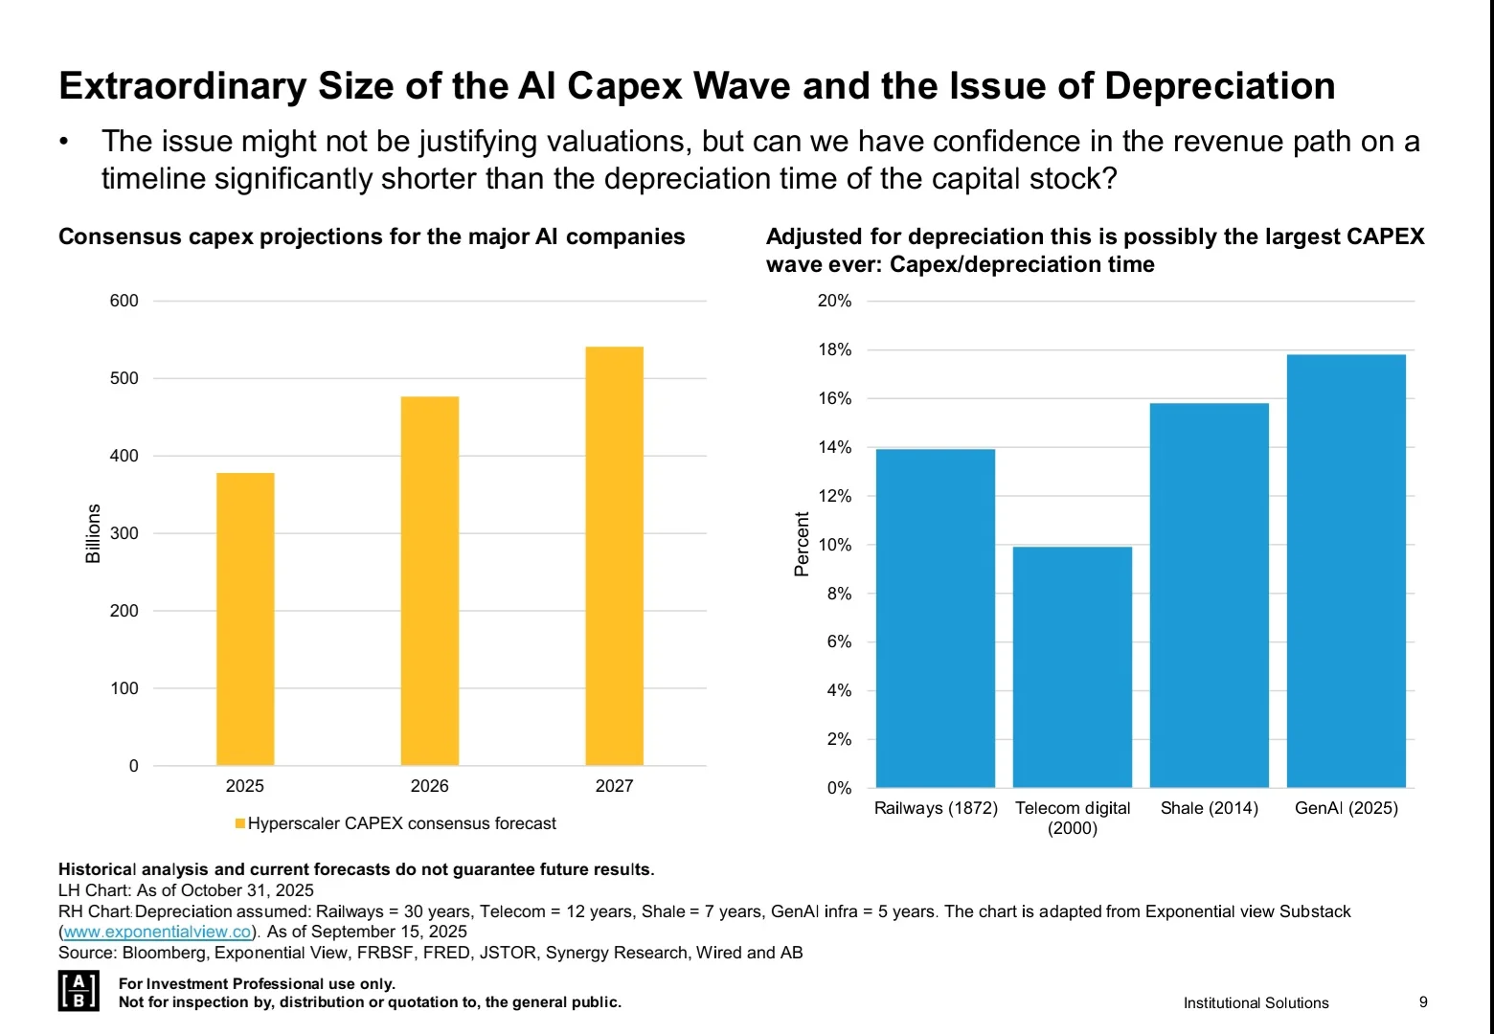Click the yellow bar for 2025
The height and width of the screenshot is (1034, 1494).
pos(245,618)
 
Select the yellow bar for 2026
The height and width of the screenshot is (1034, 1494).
pos(430,580)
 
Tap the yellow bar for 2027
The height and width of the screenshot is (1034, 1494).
pos(614,555)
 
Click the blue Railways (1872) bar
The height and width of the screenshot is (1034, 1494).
pos(936,618)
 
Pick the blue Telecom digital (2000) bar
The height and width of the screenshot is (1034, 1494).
pos(1073,667)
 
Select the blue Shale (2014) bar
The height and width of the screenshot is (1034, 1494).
pos(1210,596)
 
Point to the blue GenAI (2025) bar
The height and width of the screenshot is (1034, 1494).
pos(1347,571)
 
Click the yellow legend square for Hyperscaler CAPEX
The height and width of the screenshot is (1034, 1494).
pos(240,823)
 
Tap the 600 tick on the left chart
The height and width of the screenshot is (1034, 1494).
pos(124,301)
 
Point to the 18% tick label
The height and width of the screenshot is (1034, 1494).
pos(834,349)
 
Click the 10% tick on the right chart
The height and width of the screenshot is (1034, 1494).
pos(834,545)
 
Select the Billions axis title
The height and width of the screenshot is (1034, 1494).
pos(93,533)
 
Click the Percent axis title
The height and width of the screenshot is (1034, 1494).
pos(803,545)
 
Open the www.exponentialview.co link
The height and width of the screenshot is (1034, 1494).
pos(157,932)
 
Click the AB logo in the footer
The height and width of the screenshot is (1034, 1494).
pos(79,991)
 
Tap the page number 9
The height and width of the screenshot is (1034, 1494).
pos(1423,1001)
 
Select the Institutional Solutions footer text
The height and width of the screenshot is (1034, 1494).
pos(1256,1002)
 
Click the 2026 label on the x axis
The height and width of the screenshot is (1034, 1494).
pos(430,786)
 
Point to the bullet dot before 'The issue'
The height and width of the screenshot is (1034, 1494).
pos(64,142)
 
